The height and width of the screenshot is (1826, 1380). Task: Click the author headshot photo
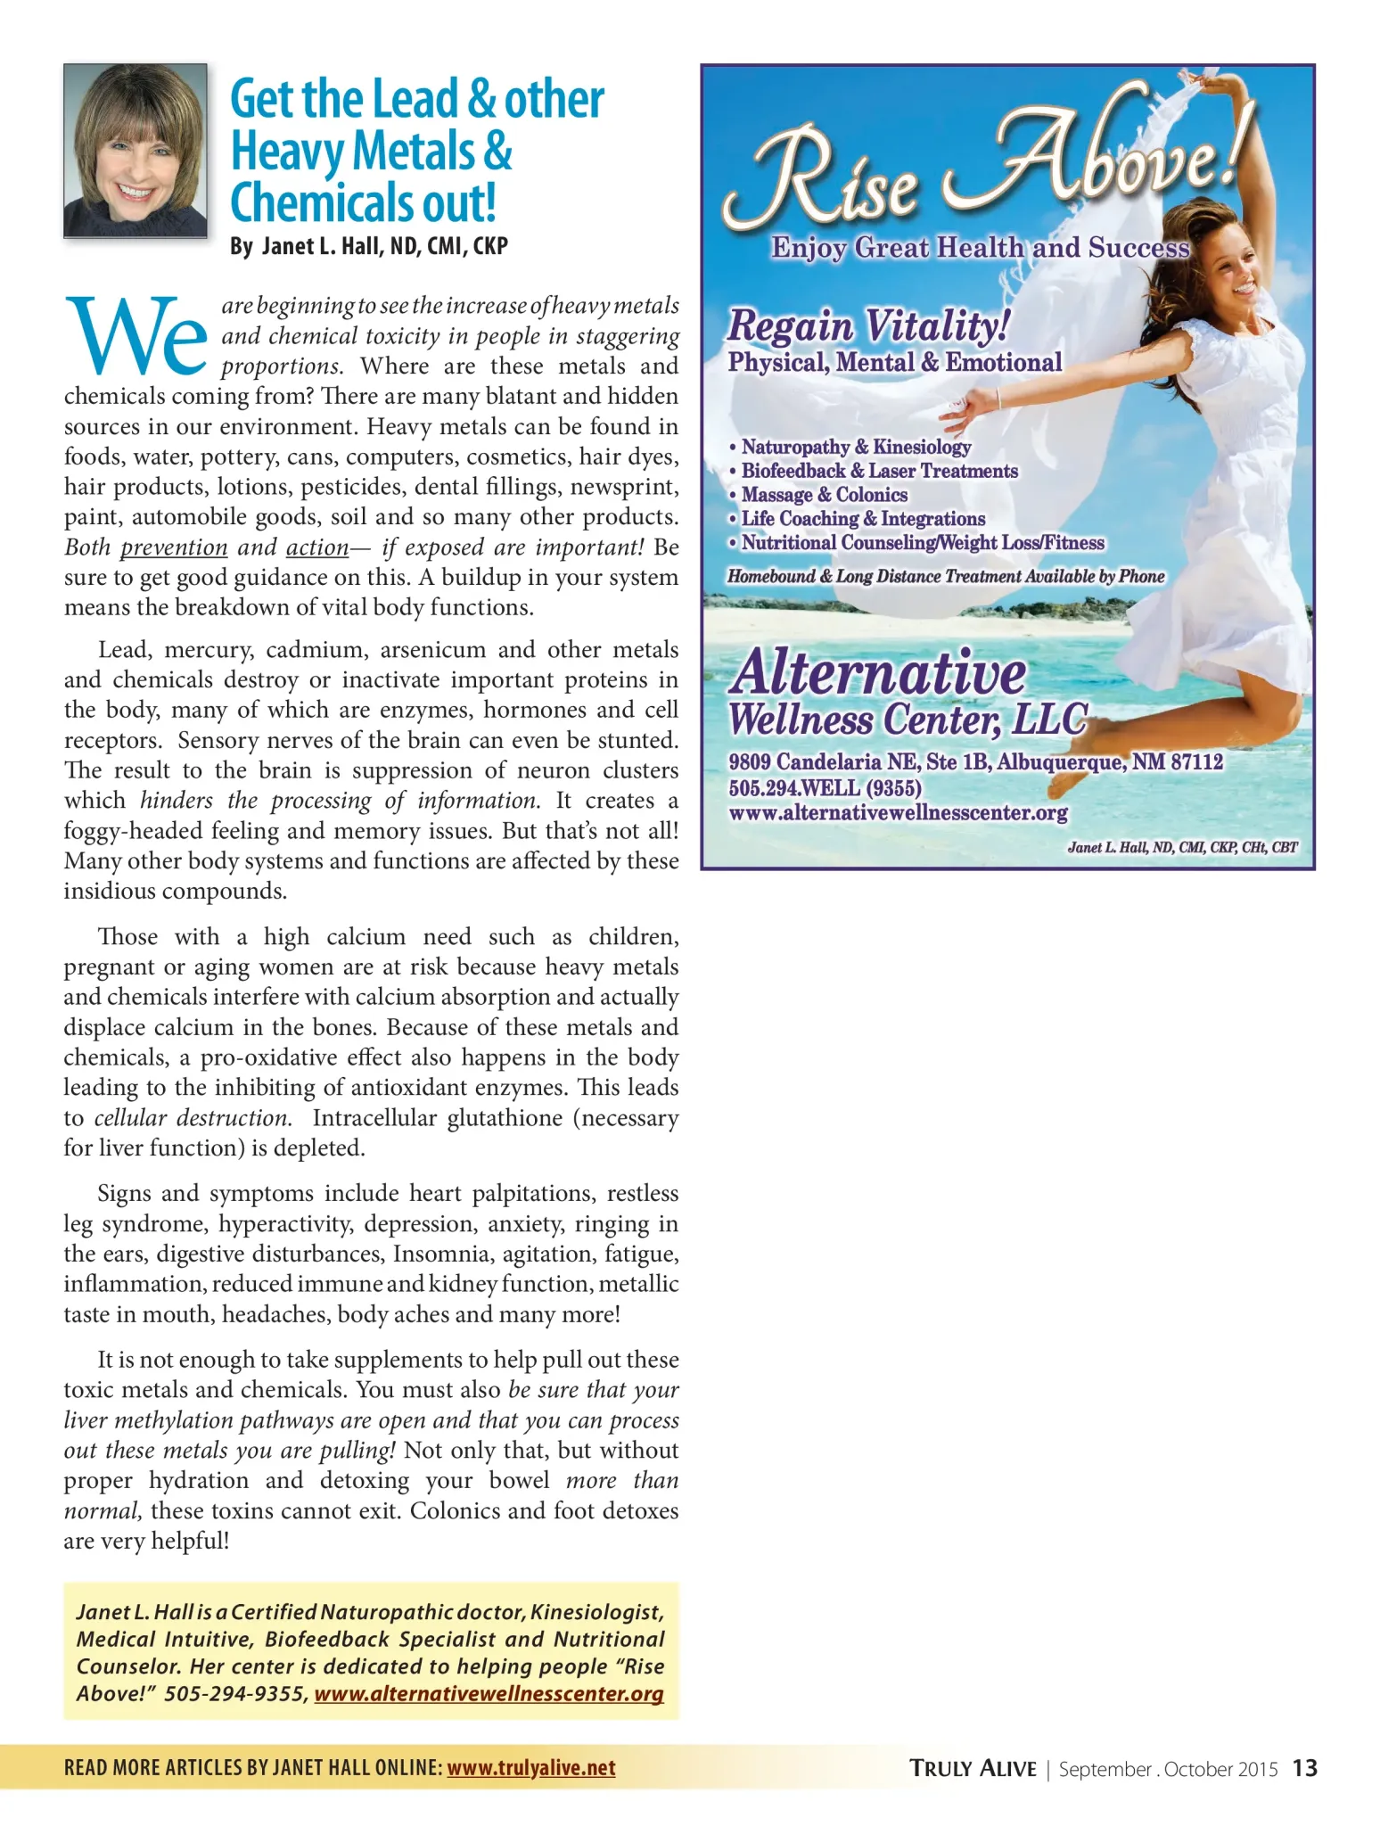coord(135,150)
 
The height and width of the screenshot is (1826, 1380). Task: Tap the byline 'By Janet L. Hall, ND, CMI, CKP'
coord(368,246)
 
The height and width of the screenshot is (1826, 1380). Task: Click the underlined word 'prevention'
coord(174,547)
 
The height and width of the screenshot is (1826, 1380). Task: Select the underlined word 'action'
coord(317,547)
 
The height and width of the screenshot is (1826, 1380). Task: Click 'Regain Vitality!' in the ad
coord(868,325)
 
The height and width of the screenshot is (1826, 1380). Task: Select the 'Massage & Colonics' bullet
coord(824,495)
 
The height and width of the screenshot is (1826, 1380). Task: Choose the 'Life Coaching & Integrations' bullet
coord(863,519)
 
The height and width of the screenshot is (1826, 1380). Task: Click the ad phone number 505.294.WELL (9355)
coord(825,787)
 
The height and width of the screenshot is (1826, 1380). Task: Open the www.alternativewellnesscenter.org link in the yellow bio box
coord(489,1693)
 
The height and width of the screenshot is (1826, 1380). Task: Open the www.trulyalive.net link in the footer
coord(531,1768)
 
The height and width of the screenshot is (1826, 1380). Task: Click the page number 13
coord(1304,1768)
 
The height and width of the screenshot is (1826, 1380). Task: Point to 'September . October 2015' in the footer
coord(1168,1769)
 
